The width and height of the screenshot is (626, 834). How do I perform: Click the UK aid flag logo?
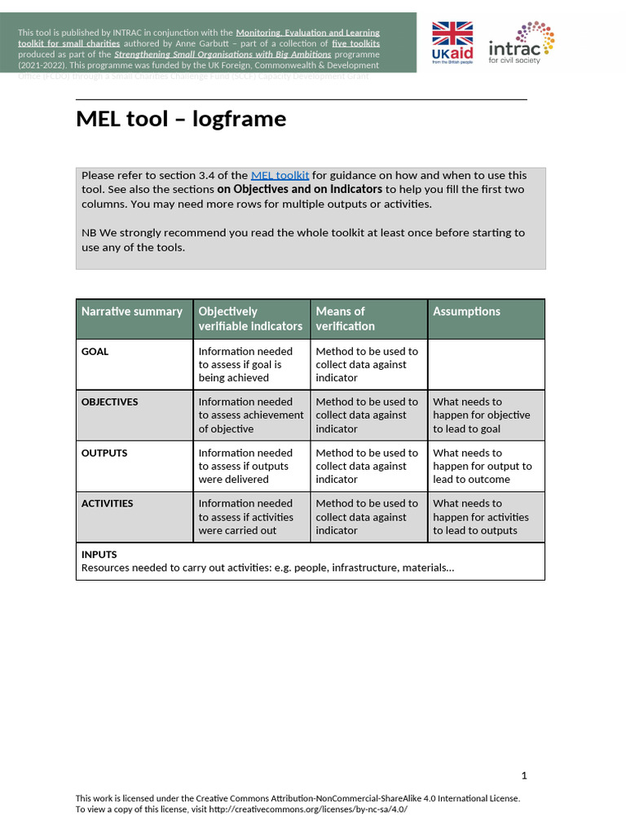452,42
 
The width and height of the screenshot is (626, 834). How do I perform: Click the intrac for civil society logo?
522,42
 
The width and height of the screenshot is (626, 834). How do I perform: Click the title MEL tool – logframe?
181,119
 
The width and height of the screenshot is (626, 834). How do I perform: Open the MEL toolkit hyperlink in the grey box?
280,175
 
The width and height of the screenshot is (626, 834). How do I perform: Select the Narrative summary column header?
132,311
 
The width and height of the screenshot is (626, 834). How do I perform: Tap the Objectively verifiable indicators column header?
250,318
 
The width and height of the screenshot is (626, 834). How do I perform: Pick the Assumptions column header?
466,311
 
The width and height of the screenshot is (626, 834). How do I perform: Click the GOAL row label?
95,352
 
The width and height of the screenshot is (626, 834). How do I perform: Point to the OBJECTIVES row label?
109,402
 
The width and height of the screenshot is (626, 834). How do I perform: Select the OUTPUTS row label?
104,453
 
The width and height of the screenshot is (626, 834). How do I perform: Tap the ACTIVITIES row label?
107,503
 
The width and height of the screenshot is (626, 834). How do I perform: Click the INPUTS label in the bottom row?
99,555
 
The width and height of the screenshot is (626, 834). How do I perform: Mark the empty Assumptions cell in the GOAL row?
486,364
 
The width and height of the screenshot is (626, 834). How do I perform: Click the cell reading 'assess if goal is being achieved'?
245,365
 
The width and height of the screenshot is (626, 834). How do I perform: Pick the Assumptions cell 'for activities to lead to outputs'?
480,517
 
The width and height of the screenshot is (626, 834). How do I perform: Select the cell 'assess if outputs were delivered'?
245,466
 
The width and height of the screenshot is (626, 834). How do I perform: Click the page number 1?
524,775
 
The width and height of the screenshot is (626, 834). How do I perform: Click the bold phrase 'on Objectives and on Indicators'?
300,190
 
